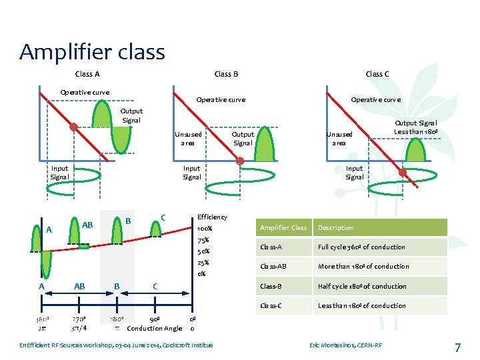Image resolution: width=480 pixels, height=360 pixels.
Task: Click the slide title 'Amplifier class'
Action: point(92,51)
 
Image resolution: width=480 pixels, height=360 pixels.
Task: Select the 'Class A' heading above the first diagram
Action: point(87,74)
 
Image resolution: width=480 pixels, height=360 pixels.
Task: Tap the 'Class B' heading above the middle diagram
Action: point(226,74)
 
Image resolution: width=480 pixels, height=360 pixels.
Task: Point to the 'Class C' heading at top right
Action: point(377,74)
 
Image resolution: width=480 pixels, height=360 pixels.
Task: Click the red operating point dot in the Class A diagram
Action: point(74,127)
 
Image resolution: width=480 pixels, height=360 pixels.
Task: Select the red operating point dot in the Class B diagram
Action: point(240,160)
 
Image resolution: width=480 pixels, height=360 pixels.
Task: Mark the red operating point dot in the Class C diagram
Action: point(403,173)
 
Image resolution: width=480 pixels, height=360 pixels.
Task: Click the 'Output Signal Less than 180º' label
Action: point(415,127)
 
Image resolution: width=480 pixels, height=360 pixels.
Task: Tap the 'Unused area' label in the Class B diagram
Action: point(187,138)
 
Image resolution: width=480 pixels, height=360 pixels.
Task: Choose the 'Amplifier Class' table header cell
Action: point(283,228)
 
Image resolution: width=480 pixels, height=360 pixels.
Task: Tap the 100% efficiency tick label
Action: point(206,229)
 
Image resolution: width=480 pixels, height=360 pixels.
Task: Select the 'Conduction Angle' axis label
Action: point(154,328)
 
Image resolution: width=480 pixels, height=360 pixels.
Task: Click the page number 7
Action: point(457,347)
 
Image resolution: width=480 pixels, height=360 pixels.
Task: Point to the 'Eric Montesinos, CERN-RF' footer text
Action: point(346,345)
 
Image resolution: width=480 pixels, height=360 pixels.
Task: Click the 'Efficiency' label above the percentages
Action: point(212,217)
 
